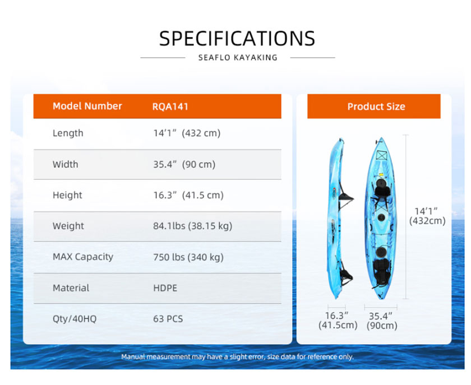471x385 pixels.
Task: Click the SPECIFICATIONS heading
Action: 237,39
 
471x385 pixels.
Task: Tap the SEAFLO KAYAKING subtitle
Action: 238,58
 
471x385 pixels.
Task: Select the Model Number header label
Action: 87,106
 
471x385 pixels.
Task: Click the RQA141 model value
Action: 170,106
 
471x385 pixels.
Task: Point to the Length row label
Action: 68,133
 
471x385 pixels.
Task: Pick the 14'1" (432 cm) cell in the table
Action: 187,133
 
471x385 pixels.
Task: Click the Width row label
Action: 65,164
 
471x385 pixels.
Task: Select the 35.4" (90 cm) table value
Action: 184,165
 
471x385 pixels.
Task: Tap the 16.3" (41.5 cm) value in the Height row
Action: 188,195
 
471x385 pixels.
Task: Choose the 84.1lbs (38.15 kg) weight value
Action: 192,226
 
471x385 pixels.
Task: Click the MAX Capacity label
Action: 83,257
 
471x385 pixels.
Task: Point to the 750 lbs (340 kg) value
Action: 188,257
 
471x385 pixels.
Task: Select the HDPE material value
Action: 165,288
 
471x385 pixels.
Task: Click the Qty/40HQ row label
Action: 75,319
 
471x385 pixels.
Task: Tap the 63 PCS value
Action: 168,319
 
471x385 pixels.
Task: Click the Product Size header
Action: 376,106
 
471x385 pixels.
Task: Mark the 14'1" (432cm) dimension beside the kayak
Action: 427,216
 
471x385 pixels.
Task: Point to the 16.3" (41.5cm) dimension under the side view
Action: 338,321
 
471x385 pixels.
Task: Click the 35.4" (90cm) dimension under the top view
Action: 382,321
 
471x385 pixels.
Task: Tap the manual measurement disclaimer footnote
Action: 237,357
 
